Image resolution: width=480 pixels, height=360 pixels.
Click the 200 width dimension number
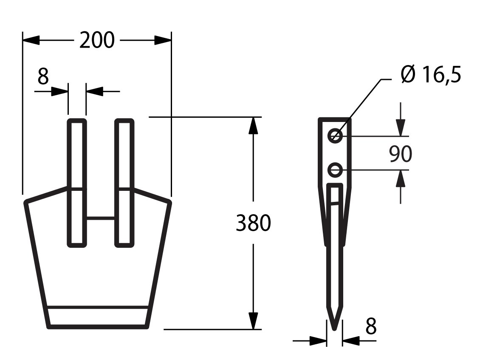(x=97, y=40)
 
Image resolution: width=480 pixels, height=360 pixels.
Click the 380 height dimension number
(x=254, y=223)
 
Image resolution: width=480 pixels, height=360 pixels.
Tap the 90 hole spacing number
(x=401, y=154)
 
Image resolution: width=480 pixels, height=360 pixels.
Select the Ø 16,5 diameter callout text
(x=430, y=74)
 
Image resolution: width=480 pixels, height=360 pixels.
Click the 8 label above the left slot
(x=43, y=77)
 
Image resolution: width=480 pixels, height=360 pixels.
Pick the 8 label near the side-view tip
(x=371, y=326)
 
